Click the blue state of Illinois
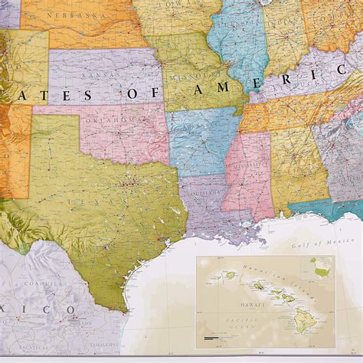coord(234,46)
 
